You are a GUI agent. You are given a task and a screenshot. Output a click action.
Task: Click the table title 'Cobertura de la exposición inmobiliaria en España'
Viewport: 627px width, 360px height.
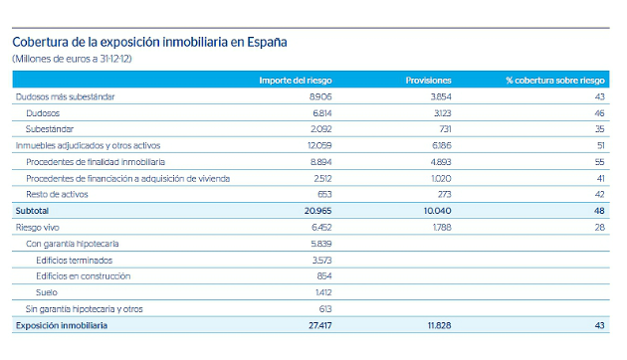pyautogui.click(x=148, y=43)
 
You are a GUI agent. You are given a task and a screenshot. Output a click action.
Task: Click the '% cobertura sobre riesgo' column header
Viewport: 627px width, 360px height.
pyautogui.click(x=555, y=80)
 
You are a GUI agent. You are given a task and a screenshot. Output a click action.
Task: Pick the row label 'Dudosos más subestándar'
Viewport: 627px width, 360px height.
pyautogui.click(x=65, y=96)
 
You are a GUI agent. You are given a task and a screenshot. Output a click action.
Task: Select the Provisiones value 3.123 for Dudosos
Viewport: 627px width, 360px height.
pyautogui.click(x=439, y=113)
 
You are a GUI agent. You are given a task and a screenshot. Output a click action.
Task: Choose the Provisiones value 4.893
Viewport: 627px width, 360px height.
pyautogui.click(x=438, y=161)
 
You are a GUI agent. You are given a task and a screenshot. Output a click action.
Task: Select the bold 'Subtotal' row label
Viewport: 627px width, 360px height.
pyautogui.click(x=32, y=211)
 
